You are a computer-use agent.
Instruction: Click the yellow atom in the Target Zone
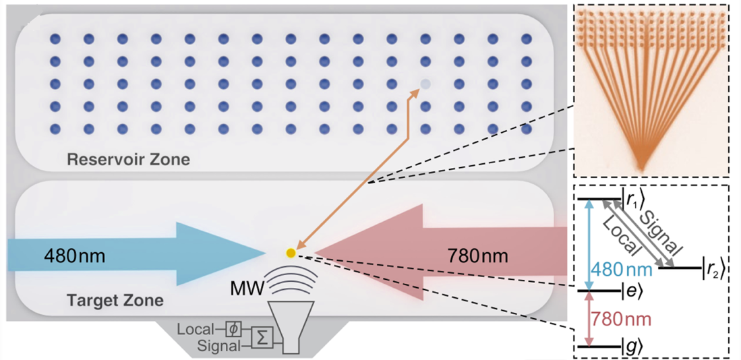(x=291, y=253)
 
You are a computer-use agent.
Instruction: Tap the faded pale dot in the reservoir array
(x=425, y=84)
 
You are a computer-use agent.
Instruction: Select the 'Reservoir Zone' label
(x=128, y=160)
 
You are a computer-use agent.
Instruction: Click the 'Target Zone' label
(x=115, y=299)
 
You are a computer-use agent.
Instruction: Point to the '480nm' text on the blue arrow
(x=74, y=256)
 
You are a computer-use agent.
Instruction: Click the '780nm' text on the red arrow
(x=478, y=256)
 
